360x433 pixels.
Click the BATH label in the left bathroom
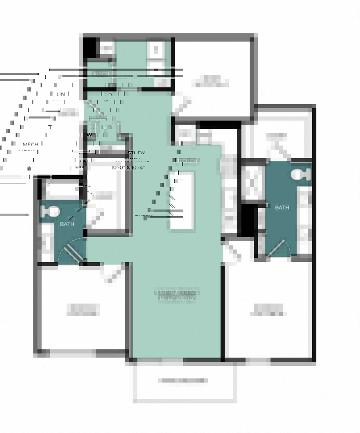coord(67,224)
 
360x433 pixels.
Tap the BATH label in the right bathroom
coord(282,207)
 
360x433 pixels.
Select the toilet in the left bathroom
coord(50,212)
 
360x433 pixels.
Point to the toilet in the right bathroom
coord(301,175)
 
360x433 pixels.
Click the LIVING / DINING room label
coord(177,293)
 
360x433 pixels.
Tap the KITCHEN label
coord(187,161)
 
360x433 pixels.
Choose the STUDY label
coord(136,153)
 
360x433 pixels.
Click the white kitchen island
coord(182,200)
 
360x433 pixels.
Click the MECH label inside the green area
coord(101,74)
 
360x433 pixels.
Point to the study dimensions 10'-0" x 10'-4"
coord(127,167)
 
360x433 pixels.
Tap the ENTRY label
coord(144,216)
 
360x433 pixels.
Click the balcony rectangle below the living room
coord(185,381)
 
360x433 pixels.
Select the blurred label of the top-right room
coord(210,81)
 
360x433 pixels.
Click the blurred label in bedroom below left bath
coord(83,310)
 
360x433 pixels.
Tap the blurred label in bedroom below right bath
coord(268,310)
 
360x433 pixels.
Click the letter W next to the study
coord(89,135)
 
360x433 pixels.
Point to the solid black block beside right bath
coord(248,218)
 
